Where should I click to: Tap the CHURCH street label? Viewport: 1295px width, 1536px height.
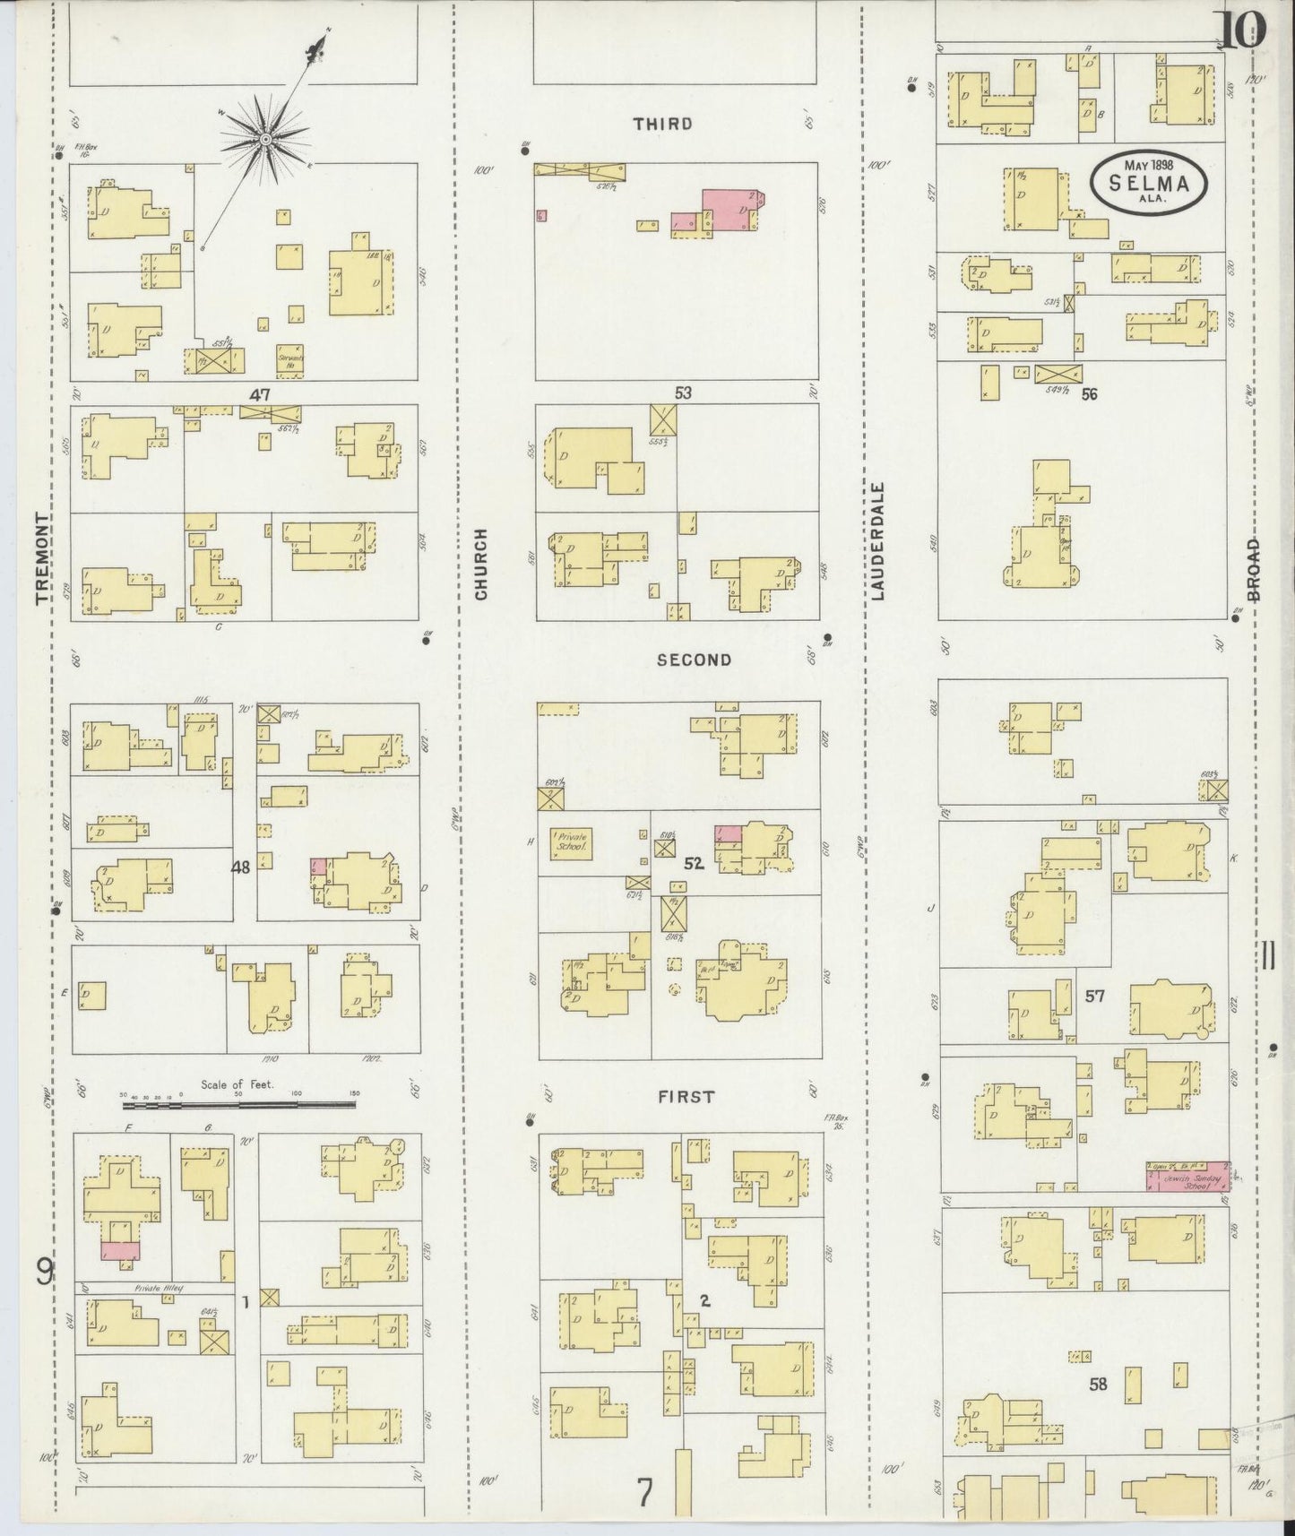coord(481,565)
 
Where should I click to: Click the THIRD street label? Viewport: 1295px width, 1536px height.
coord(663,124)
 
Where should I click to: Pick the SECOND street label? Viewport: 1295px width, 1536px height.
coord(694,660)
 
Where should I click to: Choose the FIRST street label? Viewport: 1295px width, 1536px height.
coord(686,1096)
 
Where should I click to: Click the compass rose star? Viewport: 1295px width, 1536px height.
coord(266,140)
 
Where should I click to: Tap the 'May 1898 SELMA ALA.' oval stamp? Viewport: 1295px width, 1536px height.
coord(1149,182)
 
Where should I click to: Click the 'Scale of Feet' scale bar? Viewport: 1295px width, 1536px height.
coord(238,1094)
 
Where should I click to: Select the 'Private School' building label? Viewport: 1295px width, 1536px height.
coord(571,841)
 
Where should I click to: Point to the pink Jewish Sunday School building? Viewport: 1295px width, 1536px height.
coord(1187,1176)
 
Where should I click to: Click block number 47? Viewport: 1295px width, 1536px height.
coord(260,393)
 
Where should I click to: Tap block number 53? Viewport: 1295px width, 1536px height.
coord(684,392)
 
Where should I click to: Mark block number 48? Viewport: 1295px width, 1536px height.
coord(241,867)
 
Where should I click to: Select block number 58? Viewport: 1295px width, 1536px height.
coord(1098,1384)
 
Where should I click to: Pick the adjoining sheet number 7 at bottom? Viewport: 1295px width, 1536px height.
coord(644,1492)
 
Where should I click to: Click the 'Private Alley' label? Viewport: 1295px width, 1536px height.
coord(159,1289)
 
